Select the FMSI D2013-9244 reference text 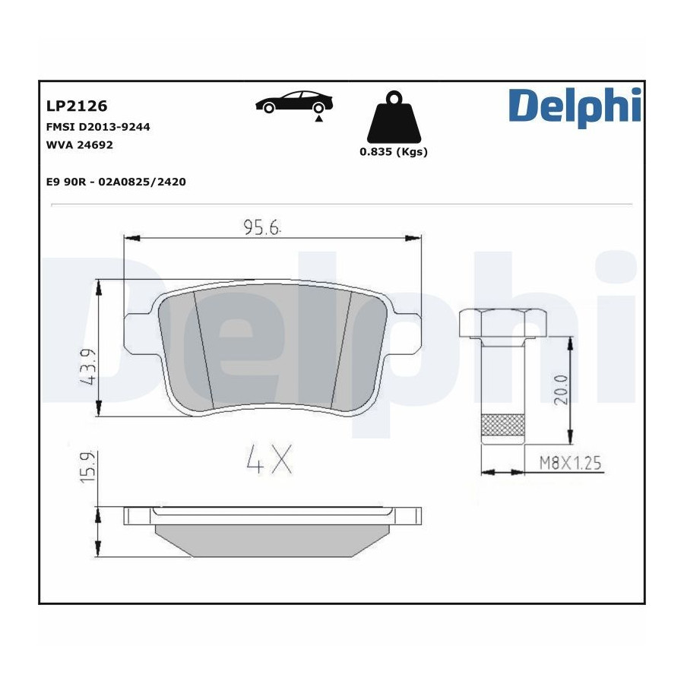coord(98,127)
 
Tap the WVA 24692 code coord(79,145)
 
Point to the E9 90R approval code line coord(116,182)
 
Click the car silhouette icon coord(294,102)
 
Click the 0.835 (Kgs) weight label coord(394,152)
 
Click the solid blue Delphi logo coord(575,107)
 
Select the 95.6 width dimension coord(261,228)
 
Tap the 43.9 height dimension coord(88,366)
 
